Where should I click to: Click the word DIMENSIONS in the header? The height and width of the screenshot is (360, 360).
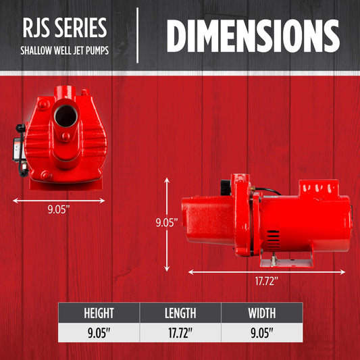(253, 36)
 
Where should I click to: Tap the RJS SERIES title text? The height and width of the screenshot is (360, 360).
(65, 28)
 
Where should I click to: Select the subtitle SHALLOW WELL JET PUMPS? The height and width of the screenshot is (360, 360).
(65, 51)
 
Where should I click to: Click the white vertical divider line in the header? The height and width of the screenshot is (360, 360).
(137, 35)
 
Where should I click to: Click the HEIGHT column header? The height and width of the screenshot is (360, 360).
(99, 313)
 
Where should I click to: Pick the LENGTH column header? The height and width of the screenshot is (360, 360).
(180, 313)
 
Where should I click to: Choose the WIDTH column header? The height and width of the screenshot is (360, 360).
(262, 313)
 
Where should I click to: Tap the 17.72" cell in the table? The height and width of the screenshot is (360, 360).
(180, 333)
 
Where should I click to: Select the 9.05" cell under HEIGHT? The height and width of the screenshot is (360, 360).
(99, 333)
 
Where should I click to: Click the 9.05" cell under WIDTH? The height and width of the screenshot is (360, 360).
(262, 333)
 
